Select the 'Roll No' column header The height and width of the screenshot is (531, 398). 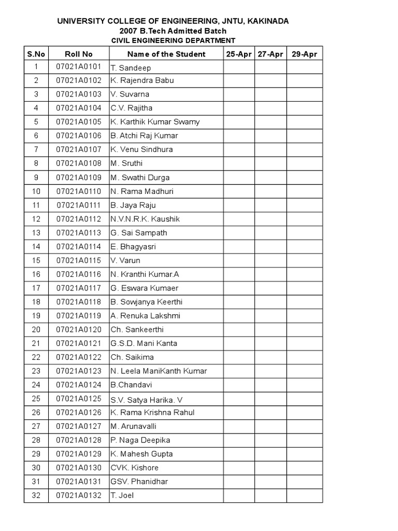coord(79,54)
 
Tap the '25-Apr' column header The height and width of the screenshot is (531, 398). coord(239,54)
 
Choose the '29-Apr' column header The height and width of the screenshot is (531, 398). coord(304,54)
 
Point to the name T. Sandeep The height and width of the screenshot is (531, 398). coord(126,68)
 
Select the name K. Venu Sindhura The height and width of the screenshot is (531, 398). coord(141,149)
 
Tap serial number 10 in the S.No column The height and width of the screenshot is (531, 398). coord(36,191)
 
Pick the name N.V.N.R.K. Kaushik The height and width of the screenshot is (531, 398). coord(145,219)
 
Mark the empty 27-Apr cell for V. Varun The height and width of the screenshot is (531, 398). coord(269,260)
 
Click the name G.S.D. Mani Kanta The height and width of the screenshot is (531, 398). coord(144,343)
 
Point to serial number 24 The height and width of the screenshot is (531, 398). coord(36,385)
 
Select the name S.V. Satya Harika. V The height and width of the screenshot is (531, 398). coord(147,399)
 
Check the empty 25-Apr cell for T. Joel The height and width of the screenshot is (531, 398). coord(239,495)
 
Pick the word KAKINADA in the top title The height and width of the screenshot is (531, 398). coord(268,21)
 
